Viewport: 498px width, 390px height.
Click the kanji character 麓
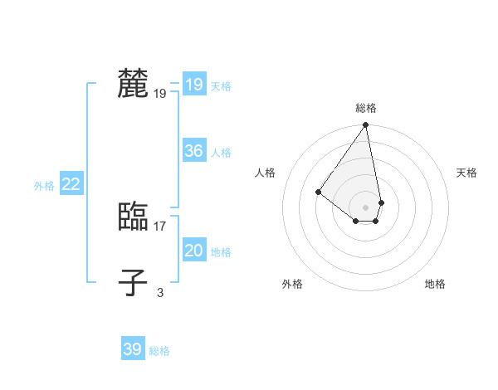point(133,84)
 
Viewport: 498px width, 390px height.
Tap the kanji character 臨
point(133,217)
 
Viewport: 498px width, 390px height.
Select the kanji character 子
point(133,282)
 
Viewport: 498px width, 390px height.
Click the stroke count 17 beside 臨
point(160,226)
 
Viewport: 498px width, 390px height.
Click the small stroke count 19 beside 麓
point(160,94)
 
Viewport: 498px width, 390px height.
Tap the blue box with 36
point(193,151)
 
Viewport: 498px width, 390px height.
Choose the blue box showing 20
point(193,251)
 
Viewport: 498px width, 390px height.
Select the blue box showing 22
point(71,184)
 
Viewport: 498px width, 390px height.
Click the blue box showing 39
point(132,349)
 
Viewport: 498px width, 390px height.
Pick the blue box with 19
point(193,85)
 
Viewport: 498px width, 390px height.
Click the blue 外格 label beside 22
point(44,186)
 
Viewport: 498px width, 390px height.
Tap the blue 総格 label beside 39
point(159,351)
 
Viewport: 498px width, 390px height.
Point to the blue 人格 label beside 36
point(221,153)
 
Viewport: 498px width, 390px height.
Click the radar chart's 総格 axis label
point(366,108)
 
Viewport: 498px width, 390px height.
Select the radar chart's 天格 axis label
point(466,173)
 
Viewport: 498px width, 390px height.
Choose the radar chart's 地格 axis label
point(435,284)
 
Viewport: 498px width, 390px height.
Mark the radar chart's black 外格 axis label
point(292,284)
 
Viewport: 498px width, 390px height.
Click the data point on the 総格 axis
point(366,125)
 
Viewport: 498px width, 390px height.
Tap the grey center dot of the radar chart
point(366,207)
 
